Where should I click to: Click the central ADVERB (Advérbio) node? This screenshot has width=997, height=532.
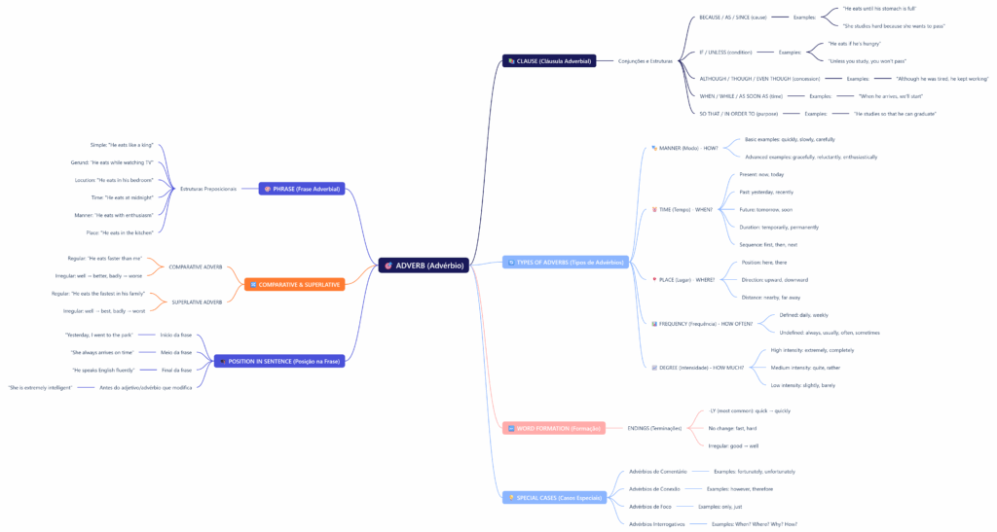424,265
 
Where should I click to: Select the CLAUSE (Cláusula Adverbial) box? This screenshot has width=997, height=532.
548,60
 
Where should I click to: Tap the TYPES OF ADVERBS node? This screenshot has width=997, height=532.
566,263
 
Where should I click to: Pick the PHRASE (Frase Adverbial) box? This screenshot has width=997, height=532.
302,189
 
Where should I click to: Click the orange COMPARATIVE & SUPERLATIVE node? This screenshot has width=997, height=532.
295,284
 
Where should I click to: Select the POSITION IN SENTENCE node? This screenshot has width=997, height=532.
279,361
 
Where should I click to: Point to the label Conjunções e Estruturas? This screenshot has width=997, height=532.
646,60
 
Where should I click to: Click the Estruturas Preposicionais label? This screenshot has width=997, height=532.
208,189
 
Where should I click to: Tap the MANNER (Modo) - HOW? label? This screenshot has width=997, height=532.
687,148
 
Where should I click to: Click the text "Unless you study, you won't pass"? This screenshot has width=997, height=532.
867,60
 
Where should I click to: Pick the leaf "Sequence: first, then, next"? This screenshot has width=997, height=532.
768,244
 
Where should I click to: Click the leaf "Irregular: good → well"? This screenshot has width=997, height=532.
733,445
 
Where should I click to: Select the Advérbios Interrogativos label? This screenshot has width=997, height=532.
657,524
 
